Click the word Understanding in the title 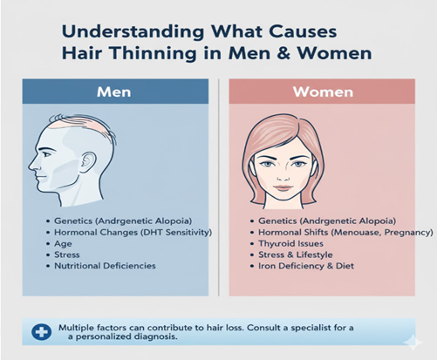pyautogui.click(x=133, y=31)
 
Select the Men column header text pyautogui.click(x=113, y=92)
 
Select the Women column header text pyautogui.click(x=323, y=92)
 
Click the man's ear pyautogui.click(x=88, y=163)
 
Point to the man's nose pyautogui.click(x=31, y=165)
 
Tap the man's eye pyautogui.click(x=44, y=153)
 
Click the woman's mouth pyautogui.click(x=283, y=187)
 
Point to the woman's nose pyautogui.click(x=283, y=176)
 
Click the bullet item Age pyautogui.click(x=63, y=244)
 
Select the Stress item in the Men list pyautogui.click(x=67, y=255)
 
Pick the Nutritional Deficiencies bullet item pyautogui.click(x=105, y=266)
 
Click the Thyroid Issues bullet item pyautogui.click(x=290, y=243)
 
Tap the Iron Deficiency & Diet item pyautogui.click(x=306, y=266)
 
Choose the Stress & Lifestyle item pyautogui.click(x=296, y=255)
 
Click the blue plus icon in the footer pyautogui.click(x=42, y=332)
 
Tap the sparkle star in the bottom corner pyautogui.click(x=413, y=343)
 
